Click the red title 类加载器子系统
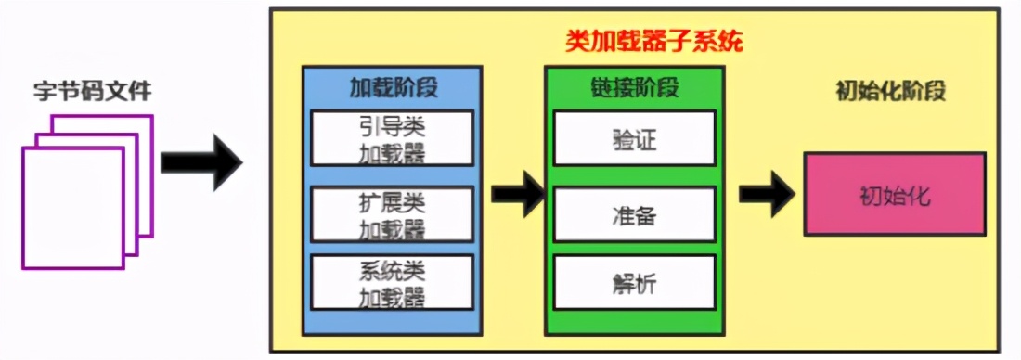tap(654, 43)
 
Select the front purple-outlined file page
tap(71, 209)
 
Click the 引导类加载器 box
tap(393, 137)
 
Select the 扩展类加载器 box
tap(393, 212)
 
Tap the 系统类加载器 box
tap(393, 283)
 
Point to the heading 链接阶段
tap(634, 88)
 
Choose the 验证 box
tap(634, 138)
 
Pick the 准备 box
tap(634, 213)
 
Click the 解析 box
tap(634, 283)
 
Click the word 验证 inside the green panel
tap(634, 138)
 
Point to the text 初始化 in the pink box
tap(895, 197)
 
